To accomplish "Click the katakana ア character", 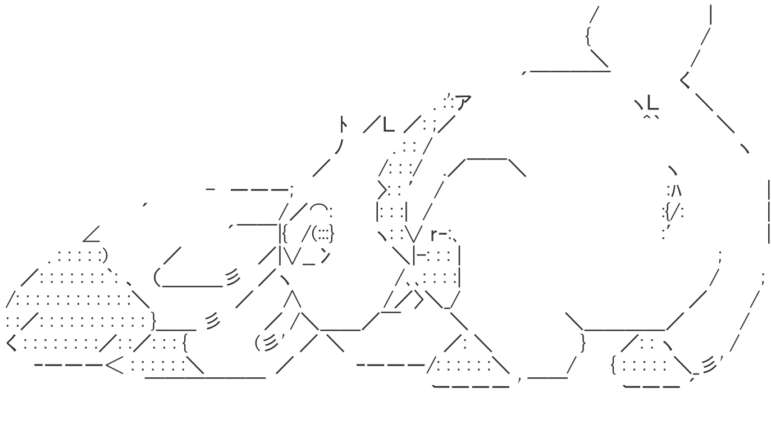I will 463,103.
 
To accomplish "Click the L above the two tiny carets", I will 652,103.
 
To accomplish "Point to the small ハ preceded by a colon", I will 674,190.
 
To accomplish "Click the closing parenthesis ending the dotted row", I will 104,256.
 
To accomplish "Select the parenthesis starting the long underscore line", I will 158,278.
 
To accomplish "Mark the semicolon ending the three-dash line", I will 291,189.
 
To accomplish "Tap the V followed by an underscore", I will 294,256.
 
